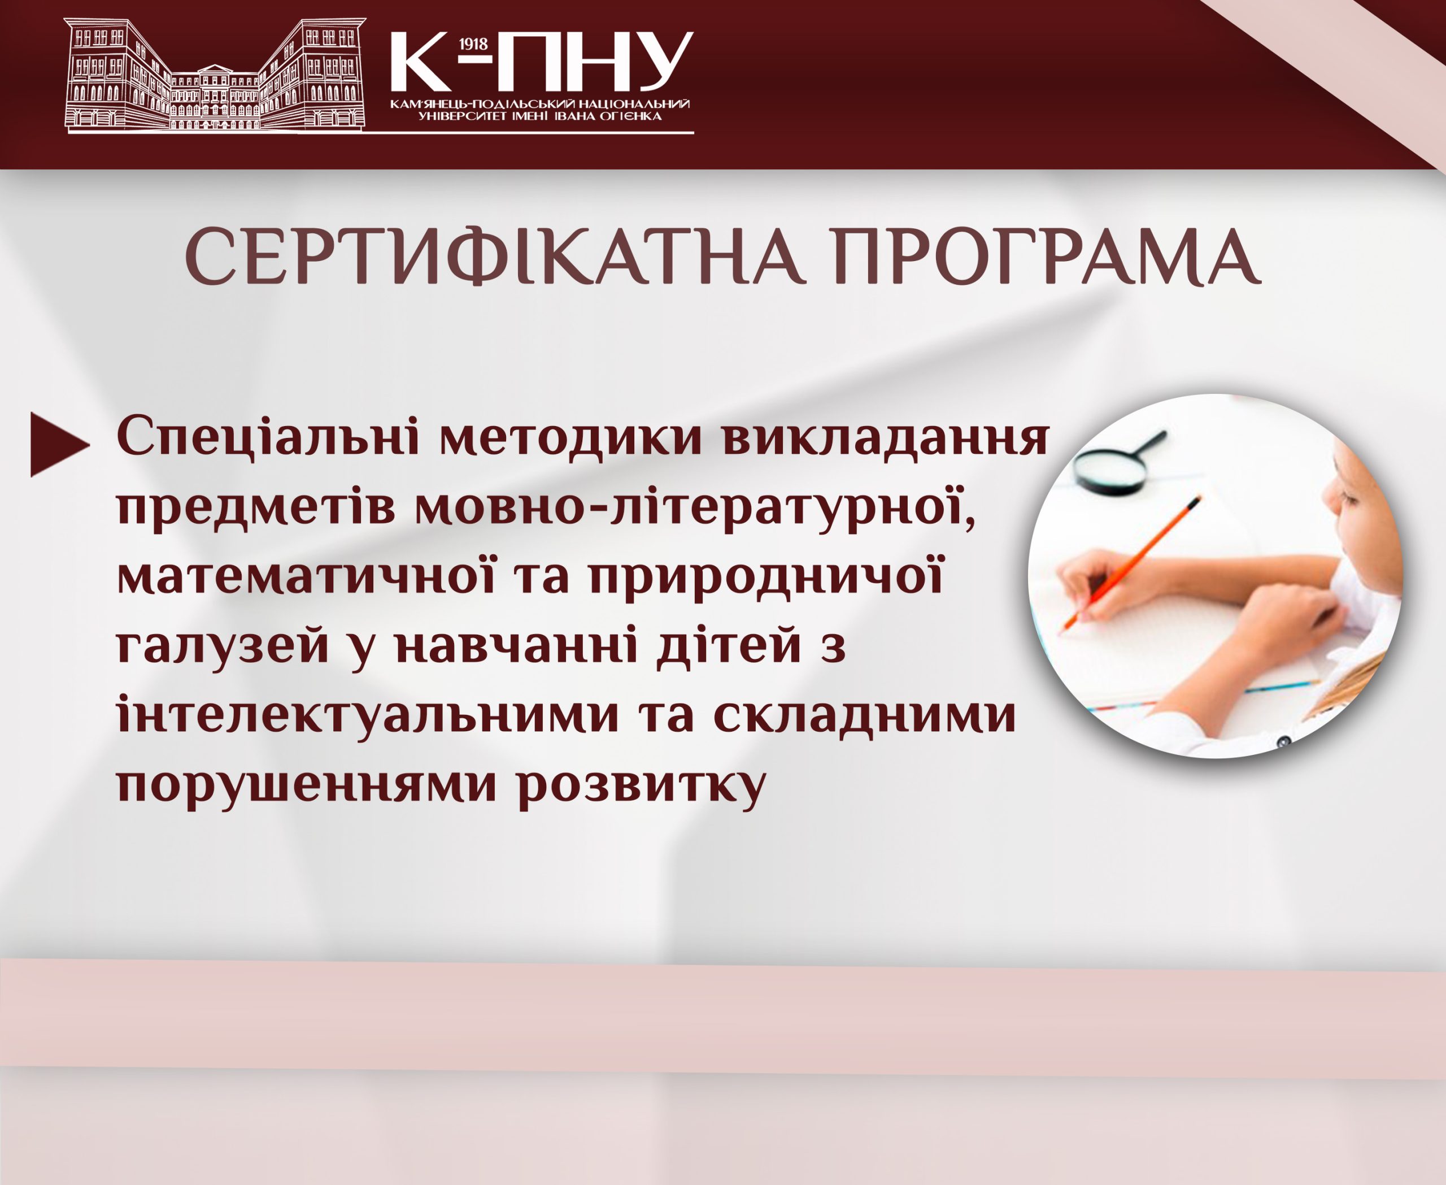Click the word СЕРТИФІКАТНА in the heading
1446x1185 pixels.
tap(494, 257)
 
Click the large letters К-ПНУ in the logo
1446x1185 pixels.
tap(542, 62)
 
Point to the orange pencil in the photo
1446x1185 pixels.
tap(1129, 563)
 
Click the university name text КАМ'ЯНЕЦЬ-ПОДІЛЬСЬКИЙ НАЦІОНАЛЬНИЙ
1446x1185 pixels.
tap(539, 105)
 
